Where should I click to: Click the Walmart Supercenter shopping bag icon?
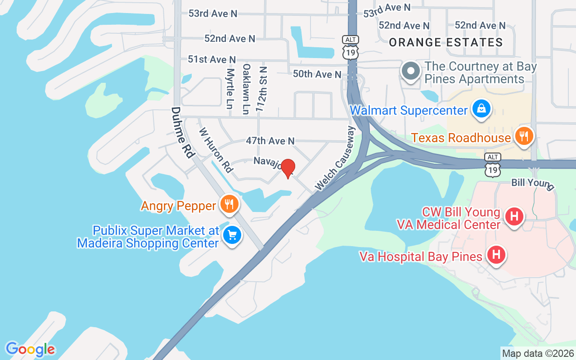[x=481, y=109]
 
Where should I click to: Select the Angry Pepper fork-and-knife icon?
[x=229, y=205]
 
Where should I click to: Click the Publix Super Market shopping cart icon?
[x=232, y=235]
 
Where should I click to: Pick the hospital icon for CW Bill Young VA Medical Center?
[x=514, y=216]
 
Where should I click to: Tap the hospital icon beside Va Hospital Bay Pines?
[x=496, y=255]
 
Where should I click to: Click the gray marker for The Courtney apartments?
[x=410, y=72]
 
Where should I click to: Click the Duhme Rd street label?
[x=183, y=132]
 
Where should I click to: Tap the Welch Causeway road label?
[x=336, y=157]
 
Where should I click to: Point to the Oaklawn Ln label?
[x=246, y=89]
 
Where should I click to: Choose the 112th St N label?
[x=261, y=88]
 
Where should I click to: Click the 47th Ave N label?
[x=270, y=141]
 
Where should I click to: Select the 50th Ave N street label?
[x=317, y=74]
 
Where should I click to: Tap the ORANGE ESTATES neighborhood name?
[x=445, y=43]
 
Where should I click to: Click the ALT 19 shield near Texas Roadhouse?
[x=493, y=165]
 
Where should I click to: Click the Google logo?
[x=30, y=349]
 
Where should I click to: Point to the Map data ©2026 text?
[x=538, y=354]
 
